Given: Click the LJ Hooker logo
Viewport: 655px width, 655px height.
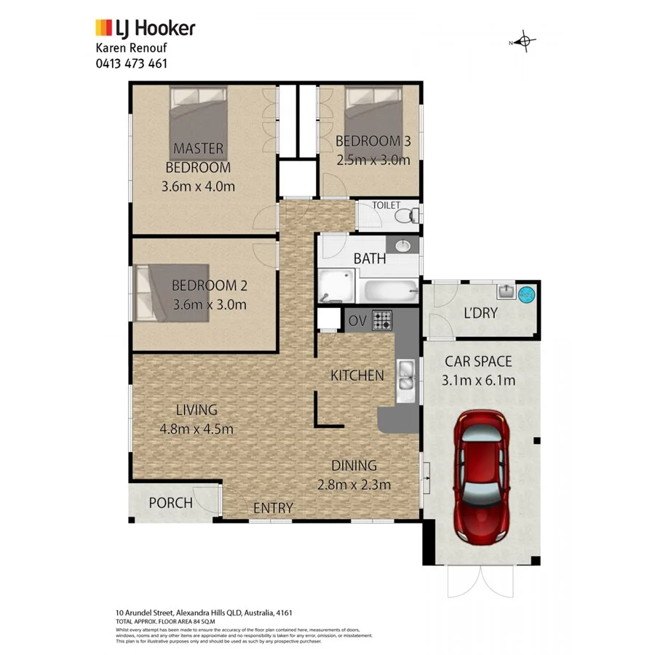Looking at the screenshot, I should pos(145,28).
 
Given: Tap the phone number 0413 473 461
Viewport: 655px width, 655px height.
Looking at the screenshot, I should pos(132,63).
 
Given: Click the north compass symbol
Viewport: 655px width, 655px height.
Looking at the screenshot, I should pos(524,42).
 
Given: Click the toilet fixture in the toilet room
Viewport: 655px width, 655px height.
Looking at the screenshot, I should pos(410,215).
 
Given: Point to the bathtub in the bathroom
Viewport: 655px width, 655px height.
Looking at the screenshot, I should pos(390,292).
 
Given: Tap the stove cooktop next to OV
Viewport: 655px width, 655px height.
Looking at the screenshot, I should pos(382,319).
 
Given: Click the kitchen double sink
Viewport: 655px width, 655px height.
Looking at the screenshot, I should pos(405,379).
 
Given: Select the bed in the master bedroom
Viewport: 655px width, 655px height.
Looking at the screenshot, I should pos(199,119).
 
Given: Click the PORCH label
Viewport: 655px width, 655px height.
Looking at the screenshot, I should pos(170,503).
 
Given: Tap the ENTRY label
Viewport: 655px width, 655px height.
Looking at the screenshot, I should pos(273,508).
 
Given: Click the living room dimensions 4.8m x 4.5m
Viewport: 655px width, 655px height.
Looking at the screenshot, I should pos(196,429).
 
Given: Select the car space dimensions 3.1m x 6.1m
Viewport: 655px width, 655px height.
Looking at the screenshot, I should pos(478,379).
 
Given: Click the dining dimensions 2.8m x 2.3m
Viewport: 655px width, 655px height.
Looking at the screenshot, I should pos(354,485).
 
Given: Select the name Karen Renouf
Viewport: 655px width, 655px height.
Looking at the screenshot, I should pos(132,48).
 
